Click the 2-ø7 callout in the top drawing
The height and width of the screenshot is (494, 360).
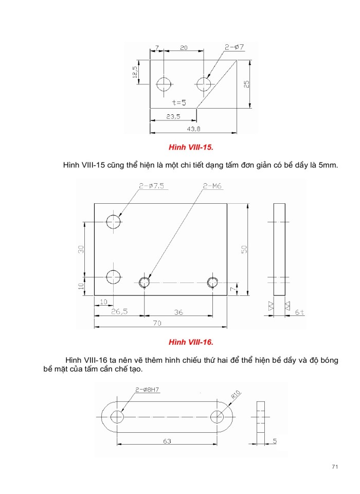234,47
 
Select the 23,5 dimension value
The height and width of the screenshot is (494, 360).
173,117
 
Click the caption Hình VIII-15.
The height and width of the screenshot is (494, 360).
191,148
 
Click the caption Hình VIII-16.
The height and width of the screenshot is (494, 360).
191,342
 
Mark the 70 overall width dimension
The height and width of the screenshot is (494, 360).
157,323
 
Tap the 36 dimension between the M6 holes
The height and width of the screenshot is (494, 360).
178,312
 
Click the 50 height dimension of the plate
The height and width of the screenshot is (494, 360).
245,249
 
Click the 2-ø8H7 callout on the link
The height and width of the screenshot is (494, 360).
147,390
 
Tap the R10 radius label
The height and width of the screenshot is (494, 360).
236,396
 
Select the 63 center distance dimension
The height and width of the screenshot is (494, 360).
167,441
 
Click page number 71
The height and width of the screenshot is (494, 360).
334,467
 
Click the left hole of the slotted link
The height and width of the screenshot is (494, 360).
117,416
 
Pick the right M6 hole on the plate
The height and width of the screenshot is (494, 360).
212,281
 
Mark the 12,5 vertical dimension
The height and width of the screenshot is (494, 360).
135,72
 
